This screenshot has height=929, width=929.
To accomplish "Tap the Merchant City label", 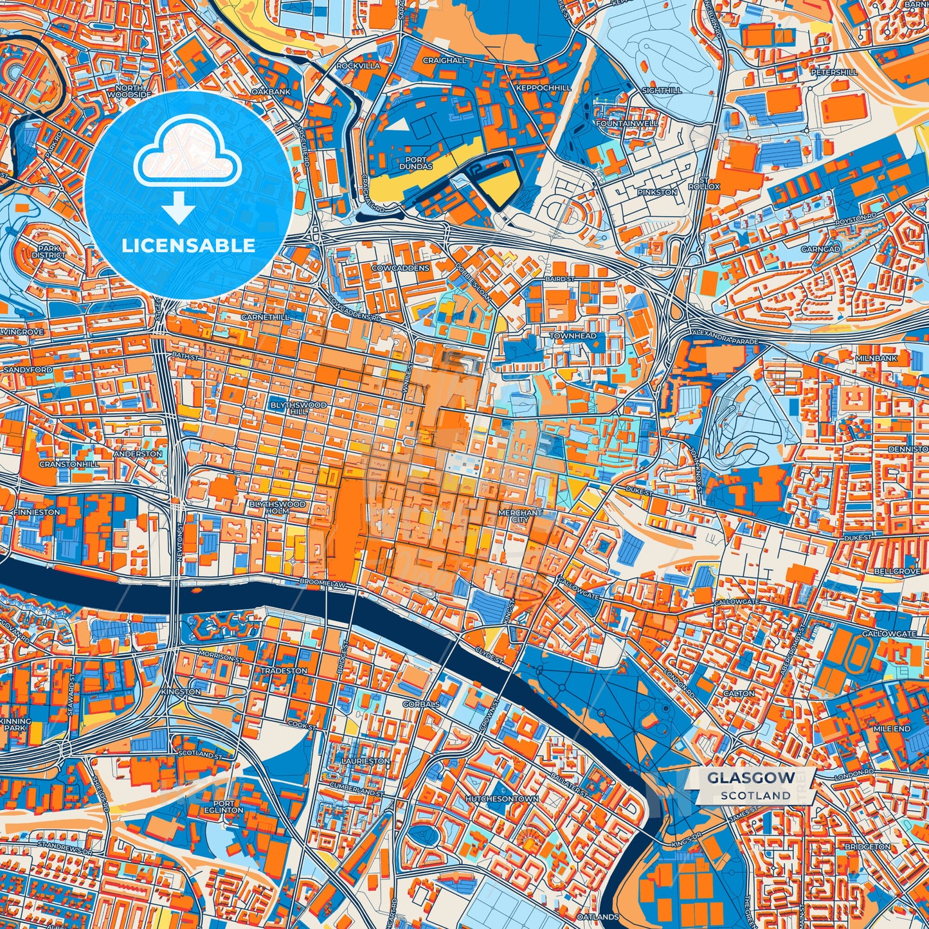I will point(520,517).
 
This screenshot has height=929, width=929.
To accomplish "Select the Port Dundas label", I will point(415,163).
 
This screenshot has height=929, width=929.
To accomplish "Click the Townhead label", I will point(573,336).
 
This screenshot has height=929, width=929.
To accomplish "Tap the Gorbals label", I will point(421,704).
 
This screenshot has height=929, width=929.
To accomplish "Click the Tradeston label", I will point(284,671).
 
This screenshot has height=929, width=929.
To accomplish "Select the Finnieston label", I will point(37,512).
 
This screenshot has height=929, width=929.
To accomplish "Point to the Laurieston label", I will point(365,761).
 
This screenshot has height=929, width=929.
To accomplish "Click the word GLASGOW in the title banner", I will point(750,778).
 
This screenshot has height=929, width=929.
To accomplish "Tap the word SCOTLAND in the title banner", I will point(755,795).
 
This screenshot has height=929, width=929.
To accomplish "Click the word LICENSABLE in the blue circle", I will point(188,246).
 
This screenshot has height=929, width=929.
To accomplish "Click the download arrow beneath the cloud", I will point(179,208).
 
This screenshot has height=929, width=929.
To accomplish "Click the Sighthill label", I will point(662,91).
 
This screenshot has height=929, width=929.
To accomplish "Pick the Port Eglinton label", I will point(228,807).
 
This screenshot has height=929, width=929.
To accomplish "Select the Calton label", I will point(739,694).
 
